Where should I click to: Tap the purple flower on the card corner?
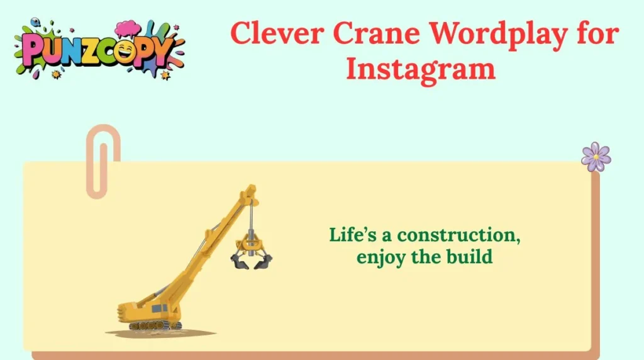coord(596,156)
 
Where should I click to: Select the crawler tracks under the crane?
coord(155,325)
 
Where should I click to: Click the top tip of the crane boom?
coord(252,188)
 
